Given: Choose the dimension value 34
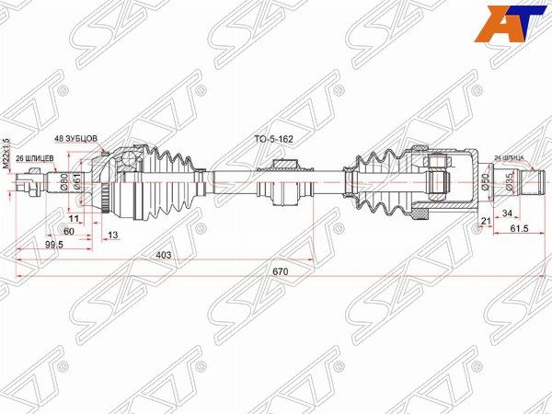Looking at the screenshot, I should coord(507,213).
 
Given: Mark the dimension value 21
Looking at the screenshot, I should coord(485,222).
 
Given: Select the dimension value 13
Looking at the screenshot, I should coord(112,236).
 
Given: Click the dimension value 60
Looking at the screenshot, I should coord(68,232).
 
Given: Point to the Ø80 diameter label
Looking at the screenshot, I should coord(64,181).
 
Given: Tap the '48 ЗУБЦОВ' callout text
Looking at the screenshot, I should coord(75,138).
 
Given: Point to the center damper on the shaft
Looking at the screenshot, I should coord(282,182).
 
